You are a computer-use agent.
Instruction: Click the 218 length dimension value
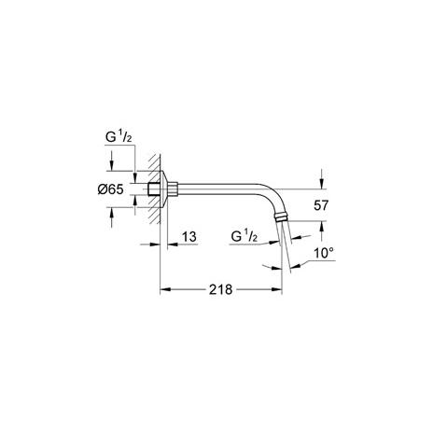coord(220,289)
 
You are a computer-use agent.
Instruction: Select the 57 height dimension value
coord(321,205)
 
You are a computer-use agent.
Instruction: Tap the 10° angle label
coord(324,253)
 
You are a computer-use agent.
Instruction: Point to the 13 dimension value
coord(189,237)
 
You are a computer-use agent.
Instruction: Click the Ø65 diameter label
coord(110,189)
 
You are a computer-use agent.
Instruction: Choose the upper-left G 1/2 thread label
coord(119,137)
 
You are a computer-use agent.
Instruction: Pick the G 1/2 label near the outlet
coord(244,237)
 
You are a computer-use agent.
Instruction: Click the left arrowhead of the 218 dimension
coord(165,289)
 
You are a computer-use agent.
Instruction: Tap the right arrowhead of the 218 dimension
coord(276,289)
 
